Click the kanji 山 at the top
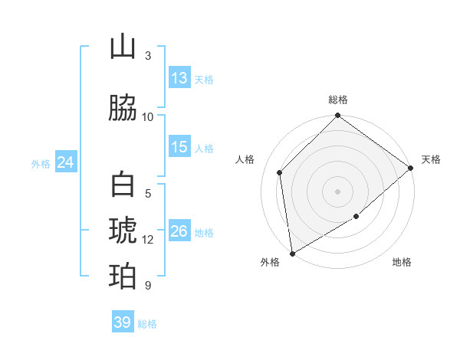pos(123,47)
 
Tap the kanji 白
pos(123,185)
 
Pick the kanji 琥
pos(123,231)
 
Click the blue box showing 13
pos(179,78)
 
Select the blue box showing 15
pos(179,147)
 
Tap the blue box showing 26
pos(179,231)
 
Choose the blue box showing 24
pos(65,162)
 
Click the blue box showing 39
pos(122,322)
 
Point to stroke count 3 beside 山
pos(148,56)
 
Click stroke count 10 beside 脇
pos(148,117)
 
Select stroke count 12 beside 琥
pos(148,240)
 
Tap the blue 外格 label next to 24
pos(41,163)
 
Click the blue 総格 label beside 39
pos(147,324)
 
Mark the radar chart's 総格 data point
pos(337,116)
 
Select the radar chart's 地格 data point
pos(356,218)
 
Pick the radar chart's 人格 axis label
pos(245,159)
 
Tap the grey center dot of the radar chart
pos(337,191)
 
